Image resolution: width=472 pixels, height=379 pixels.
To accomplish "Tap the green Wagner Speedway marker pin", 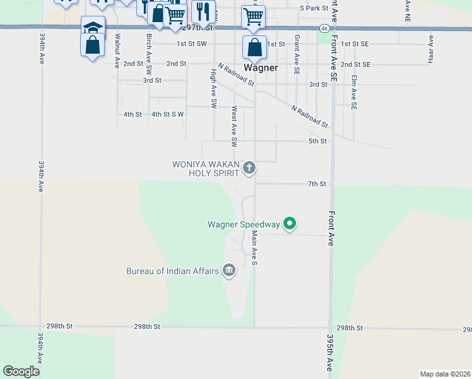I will (x=290, y=223).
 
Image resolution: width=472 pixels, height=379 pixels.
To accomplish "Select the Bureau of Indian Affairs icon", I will (x=229, y=271).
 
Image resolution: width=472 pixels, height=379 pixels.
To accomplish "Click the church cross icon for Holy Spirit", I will (x=250, y=167).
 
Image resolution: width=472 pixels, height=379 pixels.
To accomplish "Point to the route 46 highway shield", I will (x=323, y=28).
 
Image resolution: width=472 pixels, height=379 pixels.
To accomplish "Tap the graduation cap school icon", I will (x=93, y=27).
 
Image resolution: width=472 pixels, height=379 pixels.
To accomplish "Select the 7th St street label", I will (x=316, y=184).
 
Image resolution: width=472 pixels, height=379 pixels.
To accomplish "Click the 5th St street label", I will (x=317, y=141).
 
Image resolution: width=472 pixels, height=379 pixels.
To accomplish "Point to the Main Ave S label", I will (x=255, y=247).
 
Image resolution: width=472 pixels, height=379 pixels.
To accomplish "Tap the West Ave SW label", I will (x=234, y=126).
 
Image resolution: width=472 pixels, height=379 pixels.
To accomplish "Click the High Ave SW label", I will (x=213, y=89).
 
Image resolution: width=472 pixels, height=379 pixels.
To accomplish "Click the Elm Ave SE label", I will (x=354, y=92).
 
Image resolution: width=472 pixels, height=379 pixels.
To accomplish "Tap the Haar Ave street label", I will (x=431, y=49).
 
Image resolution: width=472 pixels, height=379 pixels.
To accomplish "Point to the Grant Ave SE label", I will (x=297, y=54).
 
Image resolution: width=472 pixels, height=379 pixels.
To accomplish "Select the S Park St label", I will (x=314, y=8).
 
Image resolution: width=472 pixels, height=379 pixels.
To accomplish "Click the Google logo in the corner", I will (x=21, y=371).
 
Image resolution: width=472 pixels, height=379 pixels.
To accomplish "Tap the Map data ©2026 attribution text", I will (x=444, y=374).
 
